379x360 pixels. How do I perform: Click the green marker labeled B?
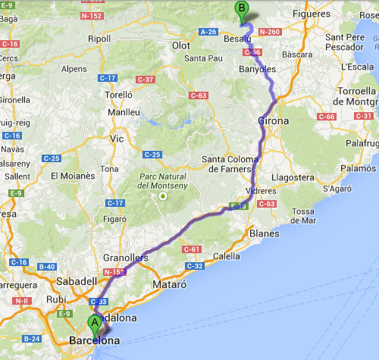pos(242,10)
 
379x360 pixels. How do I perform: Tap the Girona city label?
pos(273,121)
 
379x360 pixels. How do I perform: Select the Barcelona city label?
pos(94,341)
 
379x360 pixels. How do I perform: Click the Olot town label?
pos(181,45)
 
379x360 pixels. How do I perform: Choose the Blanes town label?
pos(263,233)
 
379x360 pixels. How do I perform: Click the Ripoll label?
pos(99,39)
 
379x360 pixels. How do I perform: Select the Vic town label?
pos(117,139)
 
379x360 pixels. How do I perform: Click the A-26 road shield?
pos(209,32)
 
